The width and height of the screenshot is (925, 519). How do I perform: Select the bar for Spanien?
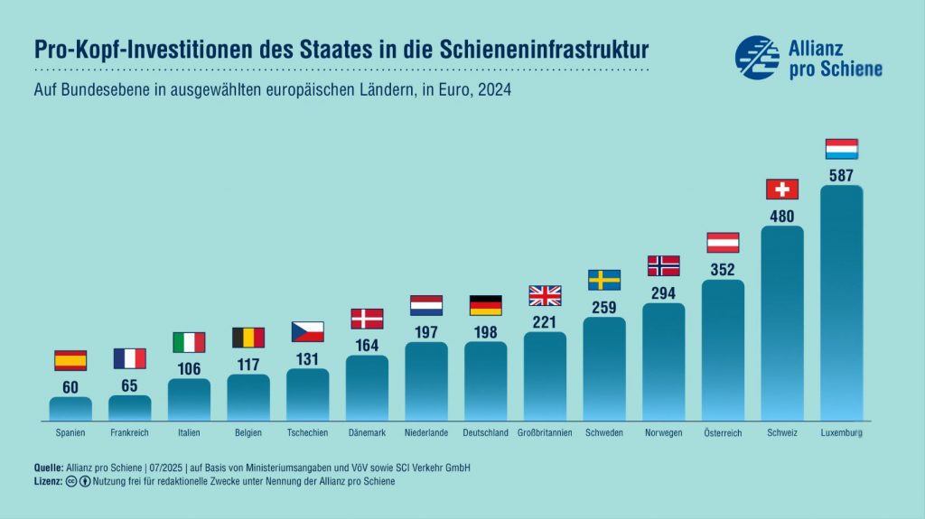[70, 408]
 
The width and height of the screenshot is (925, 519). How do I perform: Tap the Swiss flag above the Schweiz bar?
[782, 189]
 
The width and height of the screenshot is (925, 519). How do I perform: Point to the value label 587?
[841, 175]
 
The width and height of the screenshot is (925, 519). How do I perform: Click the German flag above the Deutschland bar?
[485, 305]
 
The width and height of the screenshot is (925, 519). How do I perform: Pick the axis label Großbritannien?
[545, 433]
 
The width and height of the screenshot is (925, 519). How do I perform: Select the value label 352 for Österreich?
[723, 269]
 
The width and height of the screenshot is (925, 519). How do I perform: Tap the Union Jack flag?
[545, 295]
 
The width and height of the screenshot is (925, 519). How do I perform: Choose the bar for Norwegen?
[663, 361]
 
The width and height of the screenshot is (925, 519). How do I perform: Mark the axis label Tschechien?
[307, 433]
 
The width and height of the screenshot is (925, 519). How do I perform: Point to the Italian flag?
[189, 342]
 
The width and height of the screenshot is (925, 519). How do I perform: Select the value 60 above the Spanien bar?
[70, 386]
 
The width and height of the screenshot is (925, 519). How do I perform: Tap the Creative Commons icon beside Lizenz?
[71, 481]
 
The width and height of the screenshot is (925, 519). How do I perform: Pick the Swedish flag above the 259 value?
[603, 280]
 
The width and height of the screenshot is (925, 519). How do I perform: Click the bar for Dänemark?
[367, 388]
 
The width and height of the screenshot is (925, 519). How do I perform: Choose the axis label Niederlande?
[426, 433]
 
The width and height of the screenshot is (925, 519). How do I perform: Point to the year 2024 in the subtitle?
[495, 91]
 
